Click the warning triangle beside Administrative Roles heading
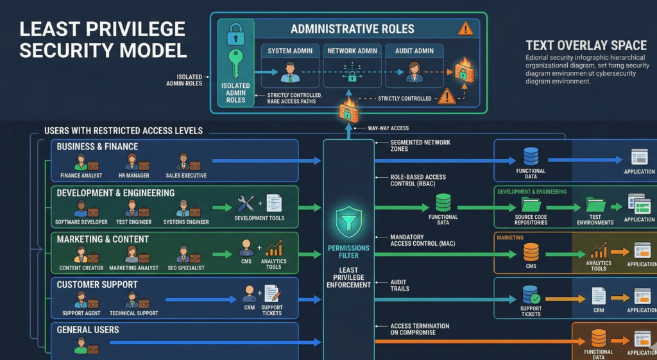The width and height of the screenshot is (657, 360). pyautogui.click(x=465, y=28)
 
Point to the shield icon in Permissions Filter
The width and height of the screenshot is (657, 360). pyautogui.click(x=348, y=222)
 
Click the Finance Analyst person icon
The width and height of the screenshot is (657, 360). pyautogui.click(x=81, y=161)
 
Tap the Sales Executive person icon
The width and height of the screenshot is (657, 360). pyautogui.click(x=182, y=161)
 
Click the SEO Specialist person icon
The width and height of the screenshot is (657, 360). pyautogui.click(x=182, y=253)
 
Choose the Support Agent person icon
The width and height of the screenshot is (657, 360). pyautogui.click(x=81, y=299)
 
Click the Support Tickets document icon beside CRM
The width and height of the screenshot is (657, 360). pyautogui.click(x=272, y=294)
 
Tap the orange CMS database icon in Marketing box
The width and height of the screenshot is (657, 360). pyautogui.click(x=531, y=252)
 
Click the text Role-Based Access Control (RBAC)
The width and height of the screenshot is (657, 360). pyautogui.click(x=418, y=180)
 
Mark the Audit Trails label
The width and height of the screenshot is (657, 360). pyautogui.click(x=400, y=285)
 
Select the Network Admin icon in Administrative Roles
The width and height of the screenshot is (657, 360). pyautogui.click(x=351, y=71)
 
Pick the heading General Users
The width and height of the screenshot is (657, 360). pyautogui.click(x=88, y=330)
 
